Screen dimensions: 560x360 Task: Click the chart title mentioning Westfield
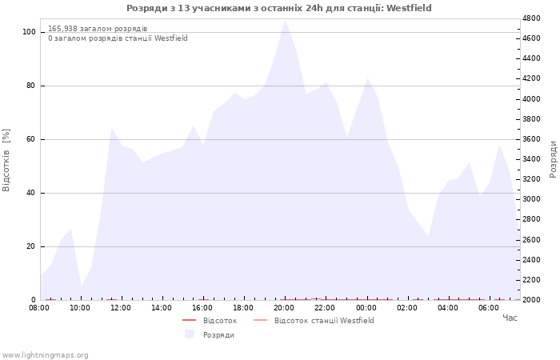279,8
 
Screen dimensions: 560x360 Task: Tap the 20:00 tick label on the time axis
284,308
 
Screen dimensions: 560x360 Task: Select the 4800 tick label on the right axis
531,18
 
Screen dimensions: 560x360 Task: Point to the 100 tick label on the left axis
29,32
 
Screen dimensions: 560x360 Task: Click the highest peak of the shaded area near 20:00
285,20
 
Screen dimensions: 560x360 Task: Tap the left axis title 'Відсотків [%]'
6,160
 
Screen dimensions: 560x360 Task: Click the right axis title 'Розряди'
553,159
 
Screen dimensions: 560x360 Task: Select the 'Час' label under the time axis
510,318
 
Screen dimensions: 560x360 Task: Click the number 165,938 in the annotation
62,29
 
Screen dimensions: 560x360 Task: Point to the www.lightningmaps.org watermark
45,355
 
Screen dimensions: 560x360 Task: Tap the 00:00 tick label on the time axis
366,308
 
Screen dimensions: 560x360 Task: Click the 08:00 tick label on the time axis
39,308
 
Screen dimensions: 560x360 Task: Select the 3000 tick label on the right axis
531,199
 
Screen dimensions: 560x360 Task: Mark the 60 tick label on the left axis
30,139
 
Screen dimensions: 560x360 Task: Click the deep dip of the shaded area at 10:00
82,286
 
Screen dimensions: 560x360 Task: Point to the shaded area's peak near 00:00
367,78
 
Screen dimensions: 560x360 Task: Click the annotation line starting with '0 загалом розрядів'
118,38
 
